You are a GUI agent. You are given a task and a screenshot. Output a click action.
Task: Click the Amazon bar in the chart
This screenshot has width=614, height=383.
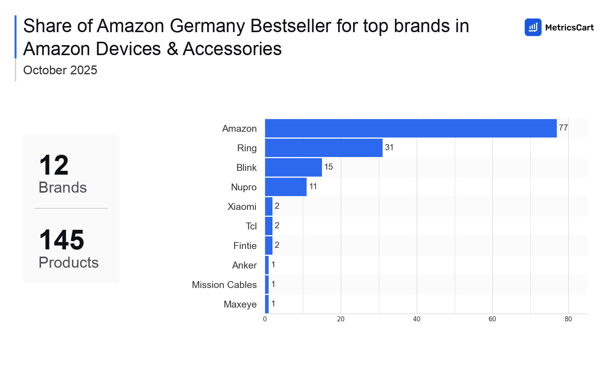[411, 128]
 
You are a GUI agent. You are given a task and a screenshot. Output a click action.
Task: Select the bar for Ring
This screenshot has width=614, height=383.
[324, 148]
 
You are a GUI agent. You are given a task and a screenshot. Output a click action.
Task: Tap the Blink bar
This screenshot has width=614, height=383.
[293, 167]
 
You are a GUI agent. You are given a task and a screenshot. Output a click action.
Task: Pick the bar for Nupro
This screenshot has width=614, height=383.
[286, 187]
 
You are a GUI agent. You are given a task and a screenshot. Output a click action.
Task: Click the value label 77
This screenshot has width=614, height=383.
[563, 128]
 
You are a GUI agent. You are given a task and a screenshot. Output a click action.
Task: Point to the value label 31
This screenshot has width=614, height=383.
[389, 147]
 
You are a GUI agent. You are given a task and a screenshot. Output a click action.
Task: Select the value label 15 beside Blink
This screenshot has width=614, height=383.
[328, 167]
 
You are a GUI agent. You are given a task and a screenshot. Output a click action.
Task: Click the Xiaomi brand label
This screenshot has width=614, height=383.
[242, 207]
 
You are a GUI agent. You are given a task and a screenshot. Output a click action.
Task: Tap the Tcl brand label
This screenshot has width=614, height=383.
[251, 226]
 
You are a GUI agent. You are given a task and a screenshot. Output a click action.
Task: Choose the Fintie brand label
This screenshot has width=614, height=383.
[245, 246]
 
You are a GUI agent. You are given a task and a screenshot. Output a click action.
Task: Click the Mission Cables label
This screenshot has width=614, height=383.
[224, 285]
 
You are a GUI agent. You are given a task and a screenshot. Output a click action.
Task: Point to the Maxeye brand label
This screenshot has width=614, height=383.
[240, 304]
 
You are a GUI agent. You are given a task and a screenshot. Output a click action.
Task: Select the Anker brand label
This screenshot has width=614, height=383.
[244, 265]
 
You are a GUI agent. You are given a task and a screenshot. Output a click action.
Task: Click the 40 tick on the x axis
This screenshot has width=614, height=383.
[416, 319]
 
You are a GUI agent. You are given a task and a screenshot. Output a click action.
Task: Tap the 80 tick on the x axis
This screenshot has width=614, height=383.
[568, 319]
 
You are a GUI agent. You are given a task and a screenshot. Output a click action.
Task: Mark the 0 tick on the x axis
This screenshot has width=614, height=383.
[265, 319]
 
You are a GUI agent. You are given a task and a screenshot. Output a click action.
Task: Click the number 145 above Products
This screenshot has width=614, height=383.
[62, 240]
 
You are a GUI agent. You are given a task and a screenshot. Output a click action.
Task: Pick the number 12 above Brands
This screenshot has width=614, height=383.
[54, 165]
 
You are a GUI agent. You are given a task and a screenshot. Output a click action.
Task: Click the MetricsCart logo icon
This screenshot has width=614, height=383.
[533, 27]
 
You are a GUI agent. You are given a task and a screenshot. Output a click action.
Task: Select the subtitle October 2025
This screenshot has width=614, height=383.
[60, 70]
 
